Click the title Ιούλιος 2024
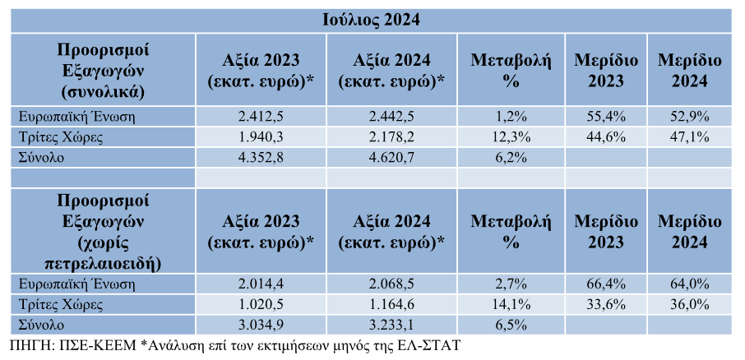pos(371,21)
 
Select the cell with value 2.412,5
pos(261,117)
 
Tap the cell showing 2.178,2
pos(391,137)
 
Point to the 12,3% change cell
pos(511,137)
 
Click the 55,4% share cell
pos(606,117)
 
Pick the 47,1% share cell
pos(689,137)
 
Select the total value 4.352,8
pos(261,158)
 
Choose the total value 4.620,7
pos(391,158)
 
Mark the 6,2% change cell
pos(511,158)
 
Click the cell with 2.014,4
pos(261,284)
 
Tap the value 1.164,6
pos(391,304)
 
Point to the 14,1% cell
pos(511,304)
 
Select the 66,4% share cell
pos(606,284)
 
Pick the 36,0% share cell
pos(689,304)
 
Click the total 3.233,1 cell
pos(391,325)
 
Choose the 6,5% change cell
pos(511,325)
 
